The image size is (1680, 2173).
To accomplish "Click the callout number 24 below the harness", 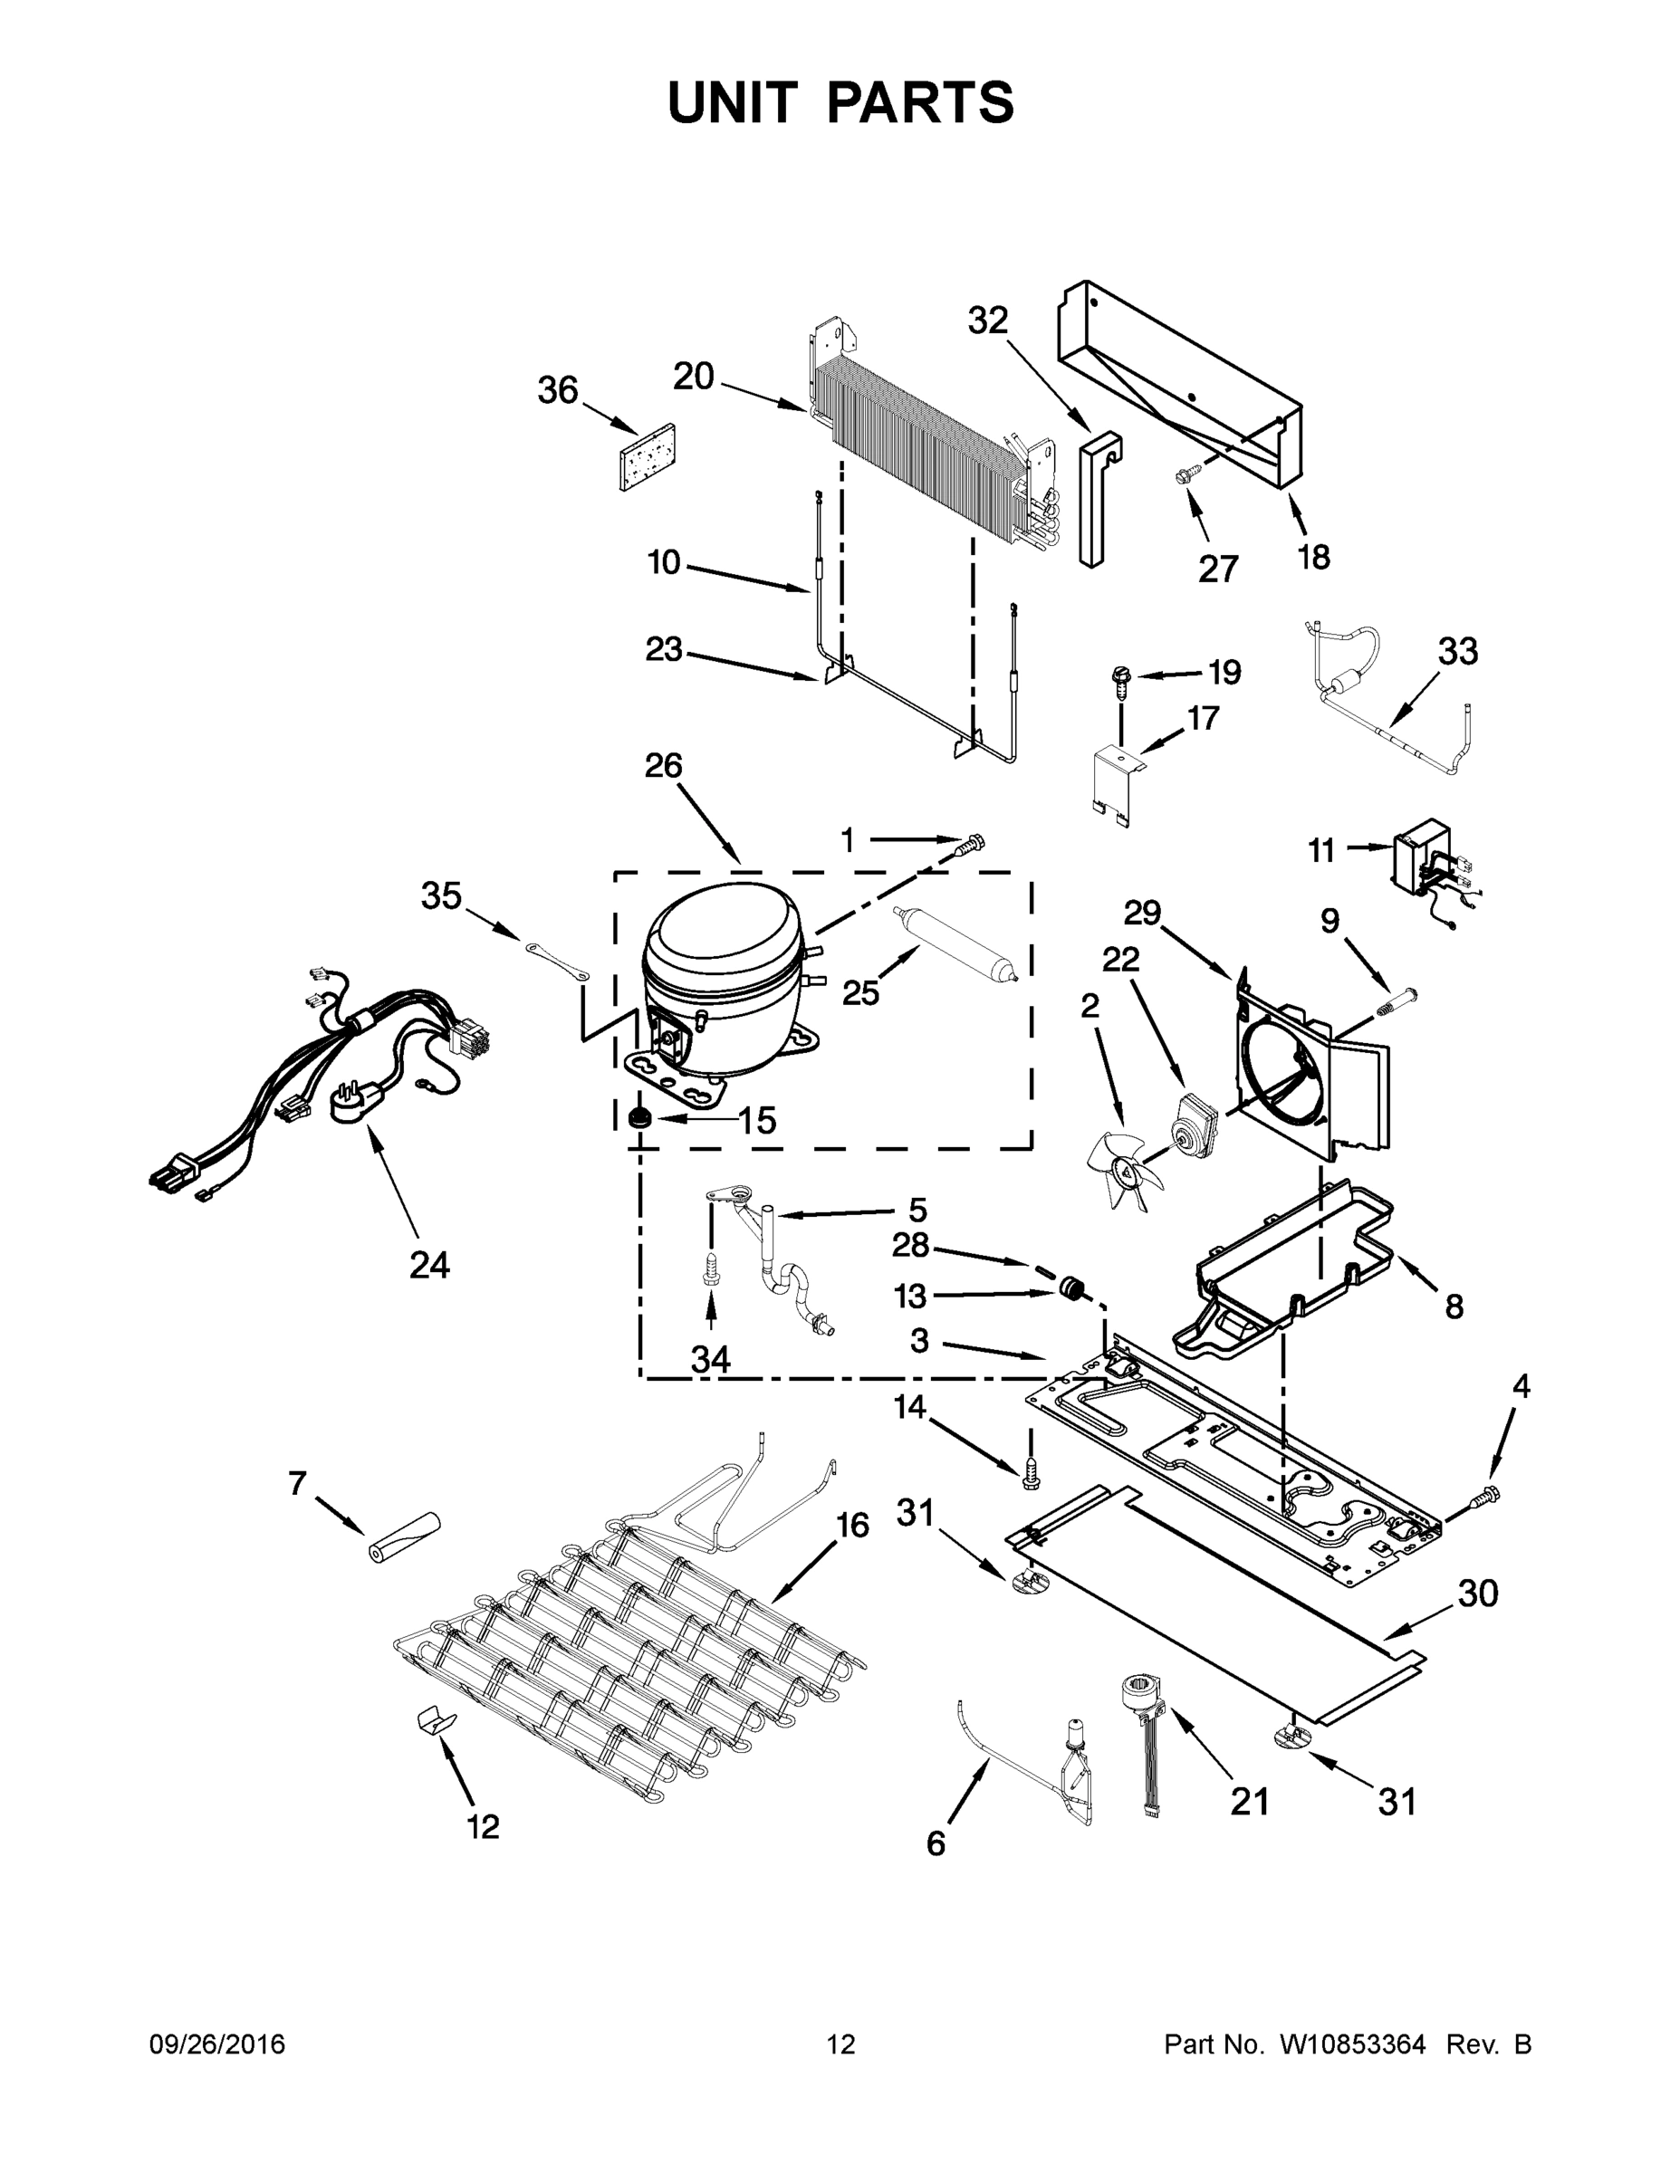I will click(429, 1266).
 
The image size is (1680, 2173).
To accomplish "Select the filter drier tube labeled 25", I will click(956, 944).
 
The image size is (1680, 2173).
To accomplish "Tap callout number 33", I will click(1457, 652).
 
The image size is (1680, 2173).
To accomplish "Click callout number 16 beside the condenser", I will click(852, 1526).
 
